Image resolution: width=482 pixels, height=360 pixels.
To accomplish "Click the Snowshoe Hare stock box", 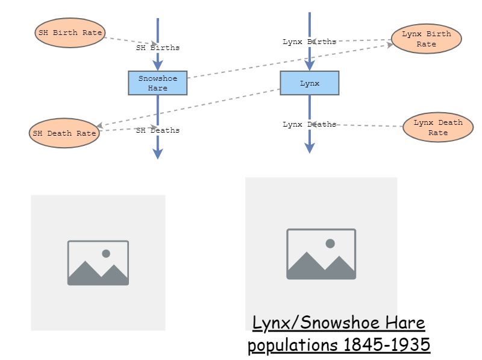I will pos(158,83).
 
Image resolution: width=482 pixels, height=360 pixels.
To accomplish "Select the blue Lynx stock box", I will pos(310,83).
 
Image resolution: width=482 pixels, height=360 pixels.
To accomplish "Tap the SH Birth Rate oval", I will pos(70,33).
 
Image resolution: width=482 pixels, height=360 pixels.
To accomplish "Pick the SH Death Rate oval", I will pos(64,133).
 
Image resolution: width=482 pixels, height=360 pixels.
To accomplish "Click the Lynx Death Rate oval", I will pos(437,127).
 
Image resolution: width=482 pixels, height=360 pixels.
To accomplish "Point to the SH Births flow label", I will pos(158,48).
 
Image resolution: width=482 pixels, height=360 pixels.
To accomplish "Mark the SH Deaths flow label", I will pos(158,130).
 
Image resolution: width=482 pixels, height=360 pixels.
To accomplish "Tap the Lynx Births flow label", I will pos(310,42).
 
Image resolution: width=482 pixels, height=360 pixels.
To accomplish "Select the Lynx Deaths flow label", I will pos(310,124).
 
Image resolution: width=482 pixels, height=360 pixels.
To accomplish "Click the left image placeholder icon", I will pos(98,263).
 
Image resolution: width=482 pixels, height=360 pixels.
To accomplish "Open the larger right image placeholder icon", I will pos(321,254).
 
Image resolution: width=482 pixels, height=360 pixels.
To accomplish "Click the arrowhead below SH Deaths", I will pos(158,154).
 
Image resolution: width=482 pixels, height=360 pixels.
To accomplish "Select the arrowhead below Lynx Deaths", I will pos(310,148).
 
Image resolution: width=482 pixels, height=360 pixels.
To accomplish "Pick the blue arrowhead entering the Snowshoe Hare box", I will pos(158,65).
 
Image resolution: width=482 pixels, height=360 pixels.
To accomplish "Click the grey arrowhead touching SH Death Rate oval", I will pos(100,126).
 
